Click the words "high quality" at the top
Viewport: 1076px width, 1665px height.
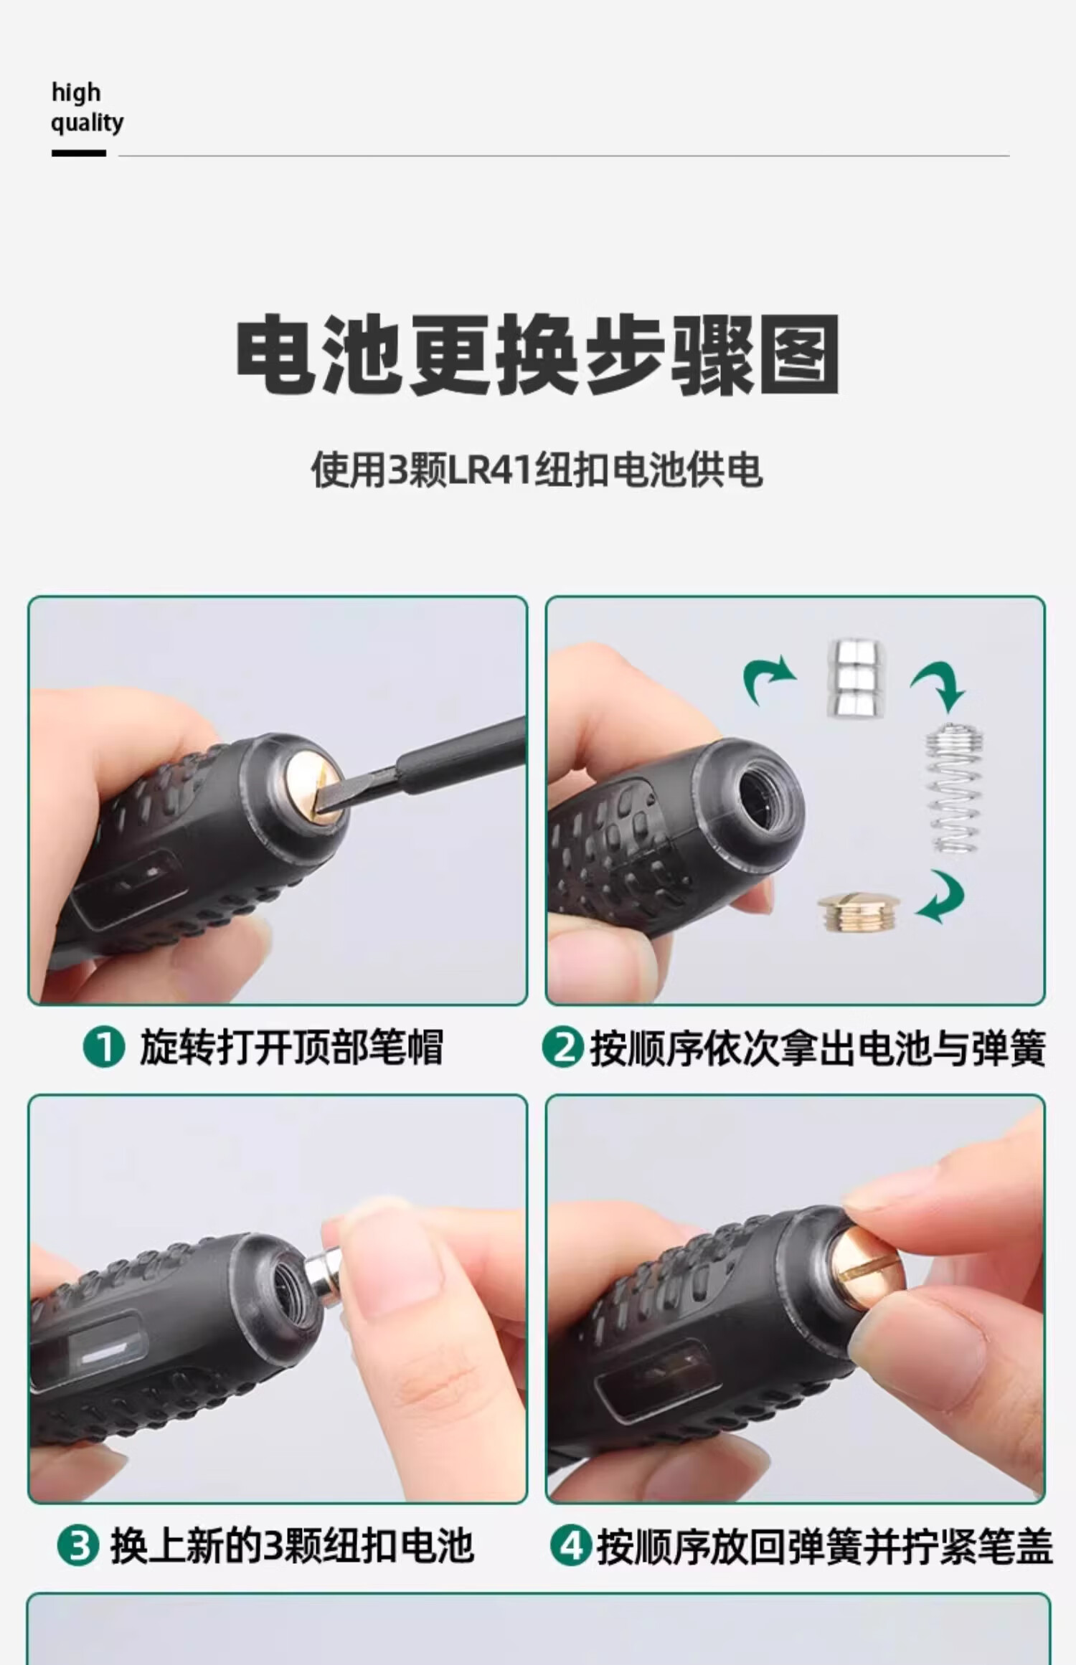click(87, 108)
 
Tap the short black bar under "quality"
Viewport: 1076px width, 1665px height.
click(79, 153)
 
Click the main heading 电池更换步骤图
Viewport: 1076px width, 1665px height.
click(538, 354)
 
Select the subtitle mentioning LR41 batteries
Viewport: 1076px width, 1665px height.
click(537, 470)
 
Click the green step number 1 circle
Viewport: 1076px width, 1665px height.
click(104, 1048)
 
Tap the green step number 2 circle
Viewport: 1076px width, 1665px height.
click(562, 1048)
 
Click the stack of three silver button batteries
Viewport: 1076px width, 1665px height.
click(856, 678)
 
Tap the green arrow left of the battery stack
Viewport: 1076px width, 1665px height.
click(768, 678)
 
